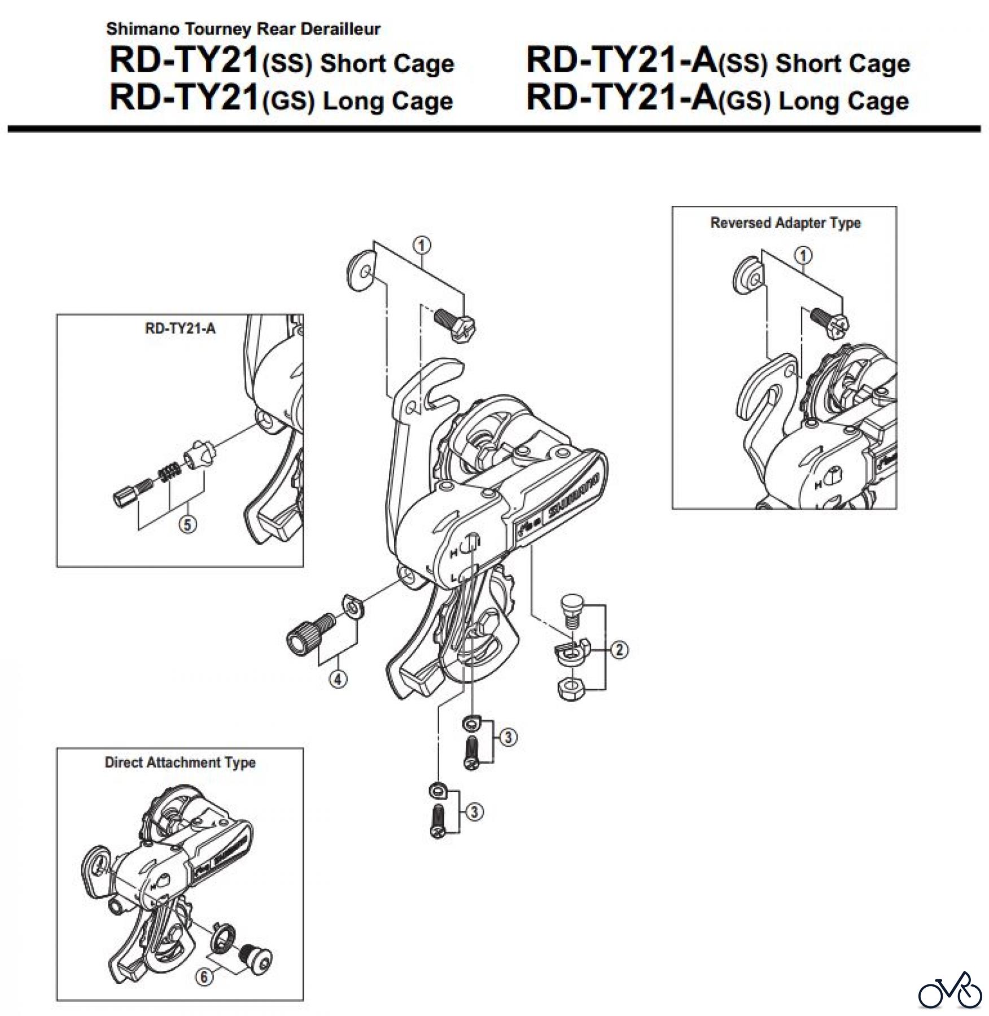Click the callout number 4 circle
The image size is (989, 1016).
click(338, 679)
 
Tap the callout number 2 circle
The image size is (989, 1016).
click(619, 650)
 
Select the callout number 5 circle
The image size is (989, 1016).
click(188, 524)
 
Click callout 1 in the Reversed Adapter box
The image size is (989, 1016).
click(803, 256)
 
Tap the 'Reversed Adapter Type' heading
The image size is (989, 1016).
click(785, 223)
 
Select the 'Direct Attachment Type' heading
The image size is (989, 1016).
click(180, 763)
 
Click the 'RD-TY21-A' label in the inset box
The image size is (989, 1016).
click(180, 329)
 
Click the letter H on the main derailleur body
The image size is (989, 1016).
click(453, 554)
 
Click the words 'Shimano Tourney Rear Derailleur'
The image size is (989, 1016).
click(243, 29)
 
